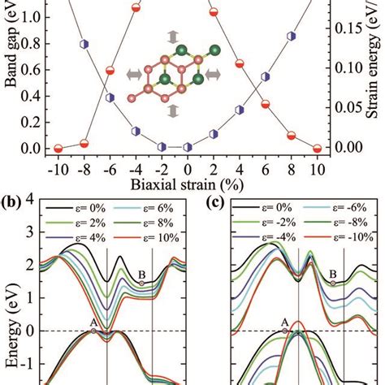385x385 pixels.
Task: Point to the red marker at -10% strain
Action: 58,148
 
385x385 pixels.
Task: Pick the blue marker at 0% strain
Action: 188,147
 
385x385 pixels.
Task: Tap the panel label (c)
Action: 216,201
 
